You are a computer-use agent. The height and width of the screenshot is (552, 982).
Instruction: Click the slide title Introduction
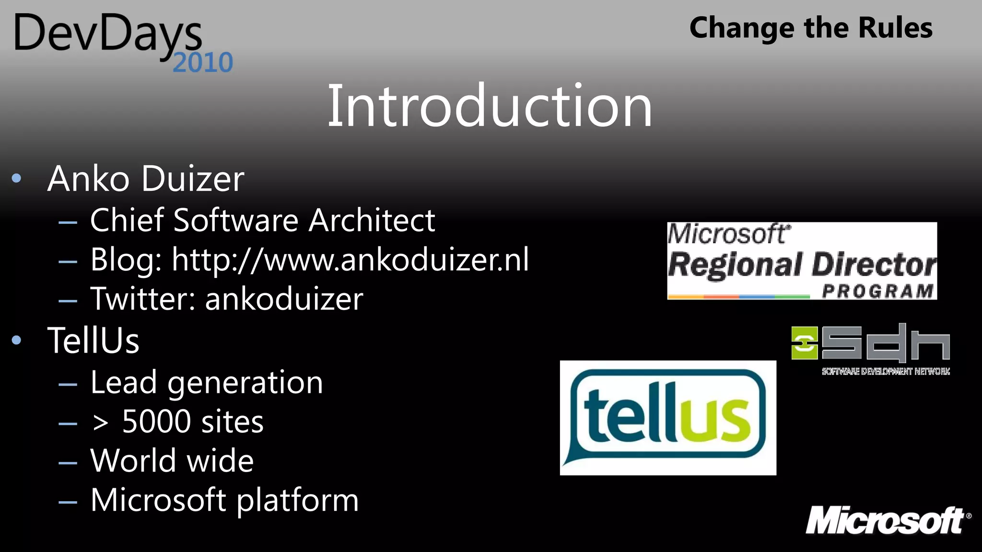[490, 106]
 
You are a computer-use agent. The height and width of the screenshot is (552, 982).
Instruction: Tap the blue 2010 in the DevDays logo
[203, 63]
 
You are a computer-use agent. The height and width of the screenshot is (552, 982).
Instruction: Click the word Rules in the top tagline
[895, 28]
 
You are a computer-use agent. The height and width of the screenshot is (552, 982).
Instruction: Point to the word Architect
[372, 220]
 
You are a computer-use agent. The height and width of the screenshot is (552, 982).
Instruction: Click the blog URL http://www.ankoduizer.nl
[350, 260]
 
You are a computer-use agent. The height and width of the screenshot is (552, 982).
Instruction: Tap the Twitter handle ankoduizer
[284, 299]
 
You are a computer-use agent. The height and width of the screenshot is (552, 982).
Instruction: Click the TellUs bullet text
[94, 341]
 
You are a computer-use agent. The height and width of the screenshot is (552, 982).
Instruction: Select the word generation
[245, 383]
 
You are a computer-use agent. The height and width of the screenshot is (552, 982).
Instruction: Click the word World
[133, 461]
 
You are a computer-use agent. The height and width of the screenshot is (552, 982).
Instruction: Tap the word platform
[297, 500]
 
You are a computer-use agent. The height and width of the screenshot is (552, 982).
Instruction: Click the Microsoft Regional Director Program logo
[802, 261]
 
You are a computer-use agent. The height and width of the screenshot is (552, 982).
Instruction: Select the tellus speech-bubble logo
[667, 417]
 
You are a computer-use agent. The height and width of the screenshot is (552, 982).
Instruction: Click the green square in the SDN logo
[804, 343]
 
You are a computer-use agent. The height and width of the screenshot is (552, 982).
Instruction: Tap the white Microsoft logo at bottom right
[888, 520]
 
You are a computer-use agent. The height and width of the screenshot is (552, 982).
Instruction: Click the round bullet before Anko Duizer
[17, 179]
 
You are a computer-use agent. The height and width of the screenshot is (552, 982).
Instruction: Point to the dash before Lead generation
[68, 384]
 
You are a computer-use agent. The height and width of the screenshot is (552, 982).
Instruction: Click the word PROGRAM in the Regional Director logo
[877, 291]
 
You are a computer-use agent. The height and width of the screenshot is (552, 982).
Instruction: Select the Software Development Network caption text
[885, 371]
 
